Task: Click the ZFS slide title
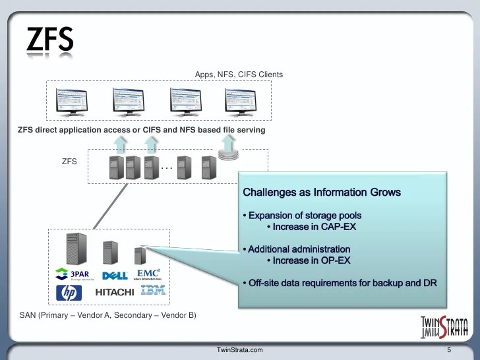49,42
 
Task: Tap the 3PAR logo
73,274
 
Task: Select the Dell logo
115,276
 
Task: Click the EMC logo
148,274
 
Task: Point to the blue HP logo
69,292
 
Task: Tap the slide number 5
448,349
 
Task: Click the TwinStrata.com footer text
240,349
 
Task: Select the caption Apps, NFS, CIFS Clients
239,75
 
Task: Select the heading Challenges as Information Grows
322,193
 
